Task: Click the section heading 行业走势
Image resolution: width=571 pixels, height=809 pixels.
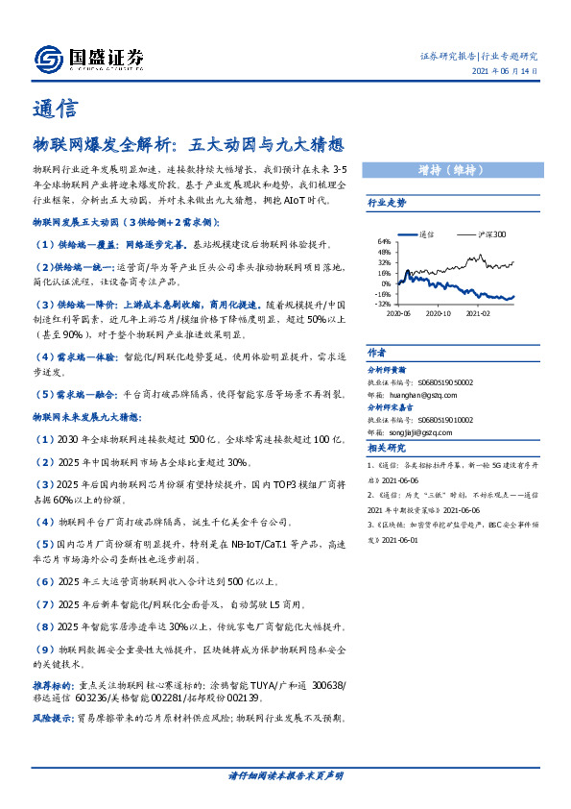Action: point(387,203)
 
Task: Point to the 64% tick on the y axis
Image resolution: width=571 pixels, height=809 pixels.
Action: point(384,241)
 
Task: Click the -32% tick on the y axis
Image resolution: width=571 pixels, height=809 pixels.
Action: point(384,303)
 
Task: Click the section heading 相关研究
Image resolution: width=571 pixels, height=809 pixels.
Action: point(387,448)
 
